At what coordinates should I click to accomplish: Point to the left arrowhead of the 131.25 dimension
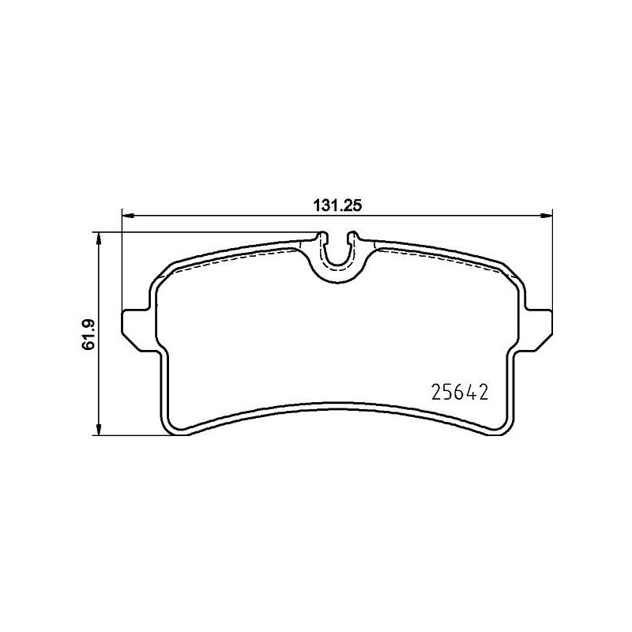click(126, 214)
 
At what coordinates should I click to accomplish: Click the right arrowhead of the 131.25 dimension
click(546, 214)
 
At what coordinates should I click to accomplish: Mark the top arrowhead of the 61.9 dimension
click(98, 237)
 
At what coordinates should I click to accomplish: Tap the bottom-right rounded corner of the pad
click(502, 427)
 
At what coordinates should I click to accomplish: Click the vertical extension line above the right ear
click(551, 261)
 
